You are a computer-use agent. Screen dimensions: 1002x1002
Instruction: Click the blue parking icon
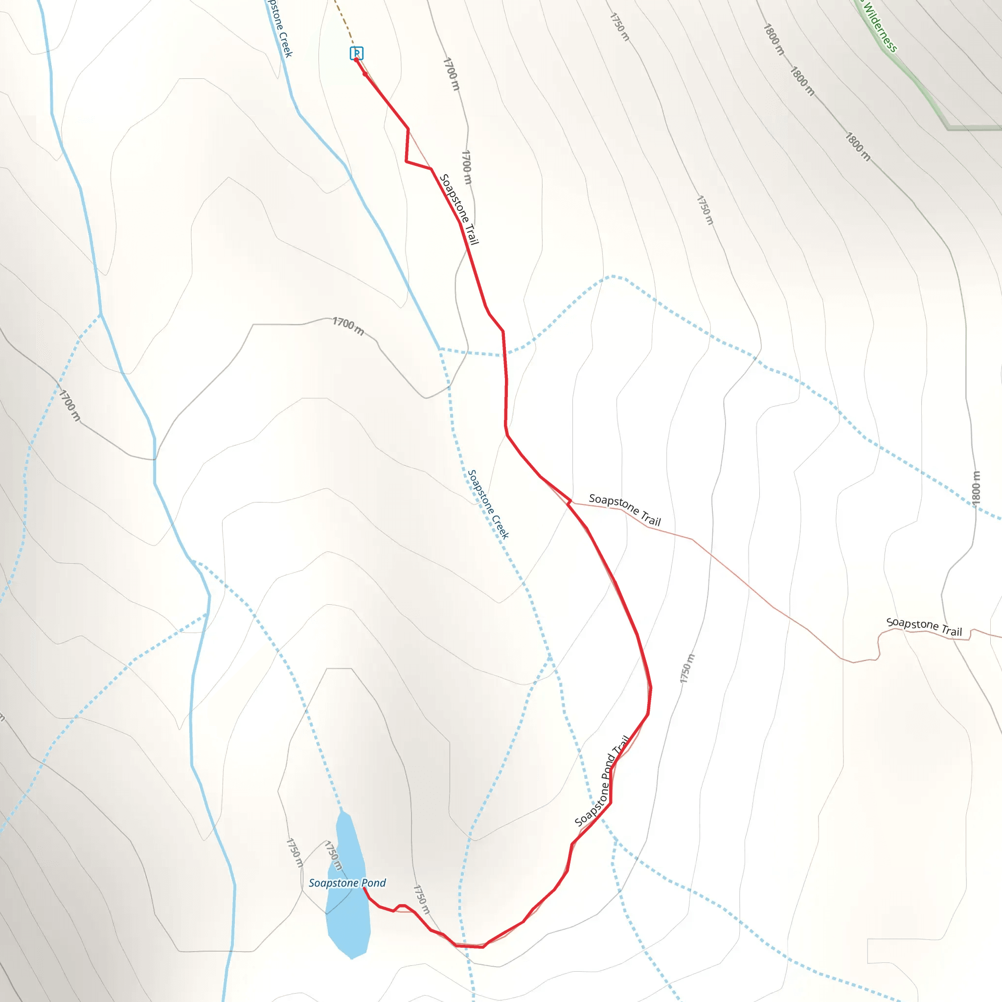coord(356,52)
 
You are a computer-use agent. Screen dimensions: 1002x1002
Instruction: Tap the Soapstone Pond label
coord(347,883)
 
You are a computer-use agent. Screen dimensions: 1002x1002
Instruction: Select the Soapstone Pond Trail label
coord(602,781)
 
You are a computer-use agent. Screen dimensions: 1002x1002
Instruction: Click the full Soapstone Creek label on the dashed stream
coord(488,504)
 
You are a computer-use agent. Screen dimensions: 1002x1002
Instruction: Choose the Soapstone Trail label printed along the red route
coord(458,208)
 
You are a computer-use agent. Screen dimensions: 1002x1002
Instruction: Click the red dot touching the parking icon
coord(356,60)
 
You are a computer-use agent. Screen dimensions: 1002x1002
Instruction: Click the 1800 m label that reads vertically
coord(976,487)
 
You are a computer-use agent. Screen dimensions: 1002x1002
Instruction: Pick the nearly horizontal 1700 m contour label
coord(348,326)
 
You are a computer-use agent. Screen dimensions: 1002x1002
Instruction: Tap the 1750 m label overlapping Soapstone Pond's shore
coord(334,856)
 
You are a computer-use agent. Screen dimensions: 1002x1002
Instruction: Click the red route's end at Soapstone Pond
coord(364,888)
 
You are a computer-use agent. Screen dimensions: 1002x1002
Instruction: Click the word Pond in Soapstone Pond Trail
coord(608,768)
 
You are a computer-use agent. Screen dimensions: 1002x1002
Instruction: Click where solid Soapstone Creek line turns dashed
coord(439,348)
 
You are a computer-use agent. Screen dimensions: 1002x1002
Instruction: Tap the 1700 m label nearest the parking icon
coord(451,74)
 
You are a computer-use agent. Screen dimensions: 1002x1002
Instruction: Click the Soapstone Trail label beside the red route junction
coord(624,509)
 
